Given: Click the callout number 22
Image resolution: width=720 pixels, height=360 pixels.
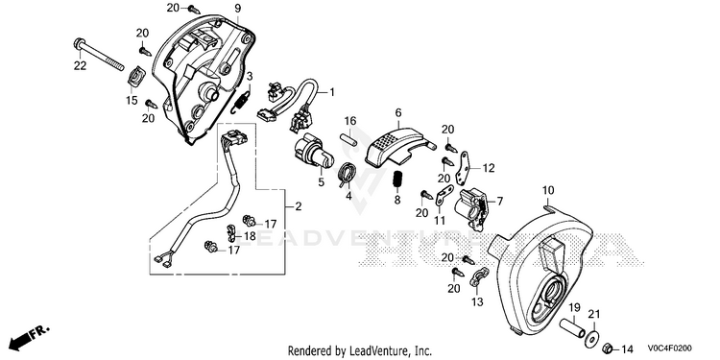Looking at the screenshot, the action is click(80, 66).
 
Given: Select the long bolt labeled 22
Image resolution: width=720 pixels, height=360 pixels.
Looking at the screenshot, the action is click(98, 55).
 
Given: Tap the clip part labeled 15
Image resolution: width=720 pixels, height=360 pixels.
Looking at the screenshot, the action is click(136, 76).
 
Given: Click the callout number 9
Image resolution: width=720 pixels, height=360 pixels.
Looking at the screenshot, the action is click(237, 8).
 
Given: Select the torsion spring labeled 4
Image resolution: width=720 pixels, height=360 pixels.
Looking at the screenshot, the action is click(348, 175).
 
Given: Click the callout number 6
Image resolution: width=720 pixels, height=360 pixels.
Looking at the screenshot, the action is click(397, 112).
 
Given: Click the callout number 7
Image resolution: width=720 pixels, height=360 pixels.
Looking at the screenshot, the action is click(499, 202).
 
